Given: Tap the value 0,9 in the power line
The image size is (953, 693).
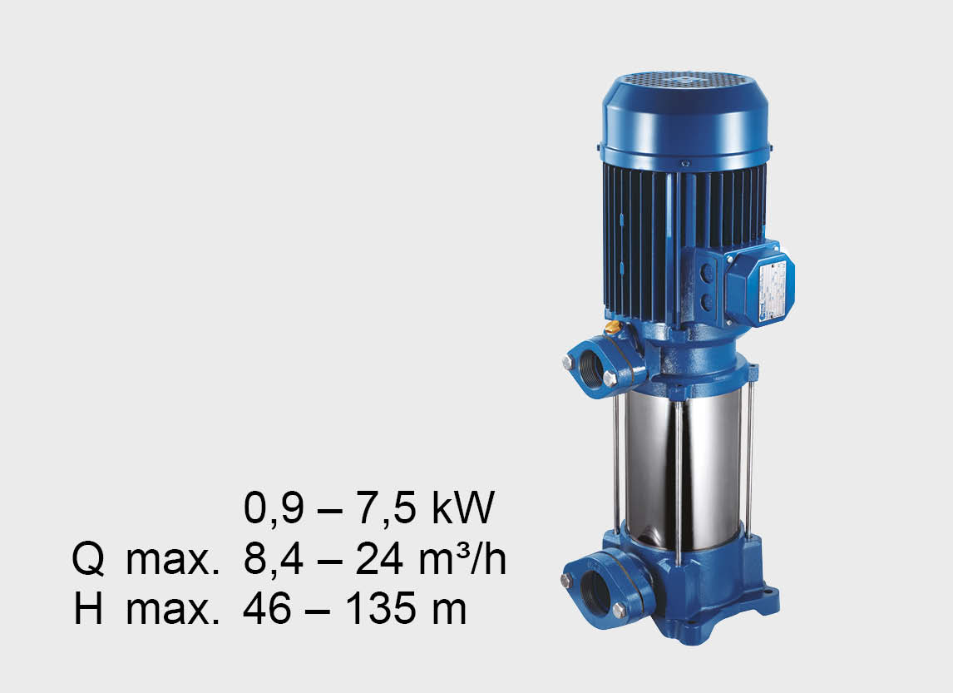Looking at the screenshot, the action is tap(273, 509).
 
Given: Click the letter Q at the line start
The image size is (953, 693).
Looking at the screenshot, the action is tap(88, 559).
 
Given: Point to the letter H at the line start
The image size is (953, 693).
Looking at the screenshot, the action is tap(88, 608).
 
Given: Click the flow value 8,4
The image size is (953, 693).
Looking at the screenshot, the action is tap(273, 559).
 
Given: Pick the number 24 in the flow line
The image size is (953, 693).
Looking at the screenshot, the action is tap(379, 559).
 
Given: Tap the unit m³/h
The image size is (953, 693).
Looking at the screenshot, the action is tap(462, 558).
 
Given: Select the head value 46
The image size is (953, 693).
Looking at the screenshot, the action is tap(267, 608).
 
